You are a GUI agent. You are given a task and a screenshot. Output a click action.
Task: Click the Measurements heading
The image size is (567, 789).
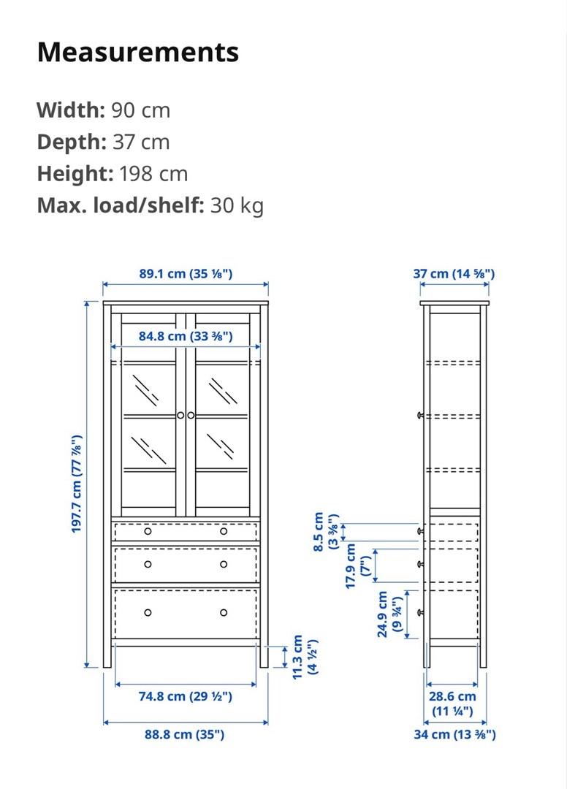pyautogui.click(x=137, y=52)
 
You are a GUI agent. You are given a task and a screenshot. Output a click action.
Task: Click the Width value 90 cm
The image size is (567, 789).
pyautogui.click(x=140, y=110)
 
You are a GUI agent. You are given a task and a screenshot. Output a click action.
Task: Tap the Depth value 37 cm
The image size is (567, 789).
pyautogui.click(x=140, y=142)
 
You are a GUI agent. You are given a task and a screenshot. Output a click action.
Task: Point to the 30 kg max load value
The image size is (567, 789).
pyautogui.click(x=237, y=206)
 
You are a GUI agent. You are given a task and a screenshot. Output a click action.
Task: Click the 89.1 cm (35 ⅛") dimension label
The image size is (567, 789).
pyautogui.click(x=186, y=274)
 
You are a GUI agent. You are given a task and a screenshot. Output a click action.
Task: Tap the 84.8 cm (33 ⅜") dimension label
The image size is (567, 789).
pyautogui.click(x=186, y=336)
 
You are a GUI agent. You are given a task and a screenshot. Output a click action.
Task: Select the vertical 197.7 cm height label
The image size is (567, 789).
pyautogui.click(x=76, y=484)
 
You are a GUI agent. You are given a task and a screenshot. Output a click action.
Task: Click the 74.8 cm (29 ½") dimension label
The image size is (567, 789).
pyautogui.click(x=186, y=696)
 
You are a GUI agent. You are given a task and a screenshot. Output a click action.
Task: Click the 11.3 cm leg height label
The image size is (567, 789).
pyautogui.click(x=305, y=657)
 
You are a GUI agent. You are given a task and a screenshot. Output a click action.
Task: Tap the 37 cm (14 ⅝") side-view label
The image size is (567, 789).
pyautogui.click(x=454, y=274)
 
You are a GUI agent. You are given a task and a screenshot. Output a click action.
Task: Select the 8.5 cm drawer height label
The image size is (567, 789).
pyautogui.click(x=326, y=531)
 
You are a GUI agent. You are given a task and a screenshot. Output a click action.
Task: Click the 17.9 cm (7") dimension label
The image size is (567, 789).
pyautogui.click(x=358, y=565)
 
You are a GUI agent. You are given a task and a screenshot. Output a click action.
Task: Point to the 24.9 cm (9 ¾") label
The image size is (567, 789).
pyautogui.click(x=389, y=614)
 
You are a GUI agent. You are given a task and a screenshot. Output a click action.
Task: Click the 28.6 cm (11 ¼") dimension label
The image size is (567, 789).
pyautogui.click(x=452, y=704)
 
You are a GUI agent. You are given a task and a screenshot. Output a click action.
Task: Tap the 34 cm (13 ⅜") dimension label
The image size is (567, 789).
pyautogui.click(x=454, y=734)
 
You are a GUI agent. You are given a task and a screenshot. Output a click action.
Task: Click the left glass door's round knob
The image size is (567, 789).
pyautogui.click(x=180, y=415)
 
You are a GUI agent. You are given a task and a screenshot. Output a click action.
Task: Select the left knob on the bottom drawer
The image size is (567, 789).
pyautogui.click(x=148, y=612)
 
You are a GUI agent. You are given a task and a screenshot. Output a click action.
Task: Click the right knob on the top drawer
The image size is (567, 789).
pyautogui.click(x=224, y=531)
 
